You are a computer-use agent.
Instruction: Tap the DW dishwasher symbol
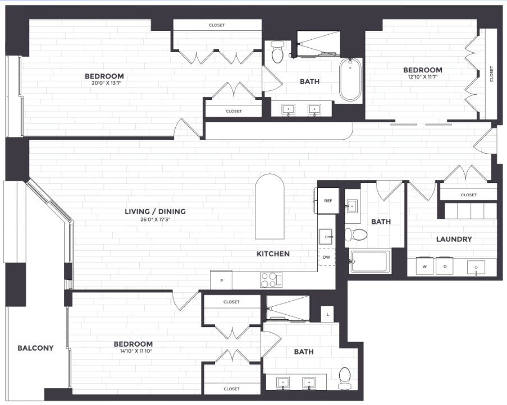(327, 257)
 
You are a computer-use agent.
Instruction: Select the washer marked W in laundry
(424, 266)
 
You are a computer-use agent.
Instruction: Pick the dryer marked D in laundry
(445, 266)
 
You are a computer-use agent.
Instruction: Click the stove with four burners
(270, 279)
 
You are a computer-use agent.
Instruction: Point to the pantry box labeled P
(221, 280)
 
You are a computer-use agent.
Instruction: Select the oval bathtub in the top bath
(350, 79)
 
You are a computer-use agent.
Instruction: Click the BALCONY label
(35, 348)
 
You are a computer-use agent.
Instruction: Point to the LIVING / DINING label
(155, 211)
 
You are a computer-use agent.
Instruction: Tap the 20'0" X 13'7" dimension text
(104, 84)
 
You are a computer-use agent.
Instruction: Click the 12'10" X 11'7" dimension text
(423, 77)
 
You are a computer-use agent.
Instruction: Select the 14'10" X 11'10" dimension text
(133, 352)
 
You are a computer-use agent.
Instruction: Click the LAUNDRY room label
(454, 239)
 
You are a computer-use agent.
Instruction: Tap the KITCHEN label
(273, 254)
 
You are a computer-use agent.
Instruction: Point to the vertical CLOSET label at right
(491, 73)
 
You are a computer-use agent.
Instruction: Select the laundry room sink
(476, 267)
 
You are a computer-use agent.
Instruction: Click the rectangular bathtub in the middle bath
(369, 261)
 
